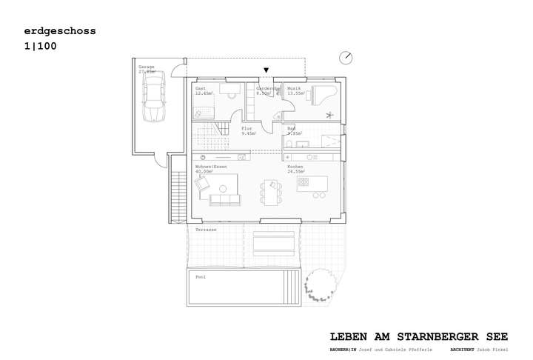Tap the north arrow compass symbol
tap(346, 57)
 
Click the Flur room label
tap(247, 129)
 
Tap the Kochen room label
tap(295, 167)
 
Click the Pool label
tap(200, 277)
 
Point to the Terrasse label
tap(206, 230)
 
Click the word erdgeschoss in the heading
tap(60, 31)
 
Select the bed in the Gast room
tap(204, 113)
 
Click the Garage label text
tap(146, 68)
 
